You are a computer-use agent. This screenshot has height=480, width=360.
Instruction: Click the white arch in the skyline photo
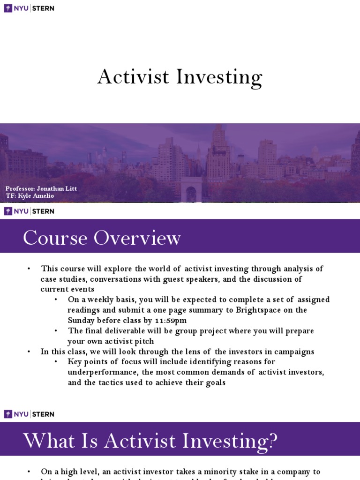[x=191, y=190]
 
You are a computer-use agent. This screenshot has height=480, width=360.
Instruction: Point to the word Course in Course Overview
[x=55, y=238]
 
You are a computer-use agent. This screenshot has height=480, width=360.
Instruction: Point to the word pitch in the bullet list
[x=144, y=341]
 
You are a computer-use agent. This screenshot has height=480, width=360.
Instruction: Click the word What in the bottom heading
[x=49, y=441]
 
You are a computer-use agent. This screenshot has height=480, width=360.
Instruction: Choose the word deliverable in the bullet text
[x=126, y=331]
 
